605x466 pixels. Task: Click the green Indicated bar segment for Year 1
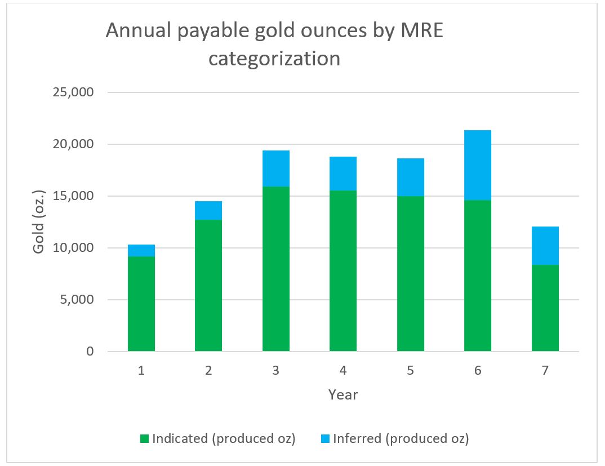(x=141, y=304)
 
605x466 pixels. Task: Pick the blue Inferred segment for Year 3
(x=276, y=168)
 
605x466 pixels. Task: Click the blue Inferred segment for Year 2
(x=208, y=210)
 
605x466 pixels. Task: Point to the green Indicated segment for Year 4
(x=343, y=271)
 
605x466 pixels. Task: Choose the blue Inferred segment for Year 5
(x=411, y=177)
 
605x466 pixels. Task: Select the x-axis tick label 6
(x=478, y=371)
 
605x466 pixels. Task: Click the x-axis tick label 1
(x=141, y=371)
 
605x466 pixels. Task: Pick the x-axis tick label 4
(x=343, y=371)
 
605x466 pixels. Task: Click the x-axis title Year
(x=343, y=394)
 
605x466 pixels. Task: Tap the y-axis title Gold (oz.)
(x=39, y=222)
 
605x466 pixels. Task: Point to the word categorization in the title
(x=274, y=58)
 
